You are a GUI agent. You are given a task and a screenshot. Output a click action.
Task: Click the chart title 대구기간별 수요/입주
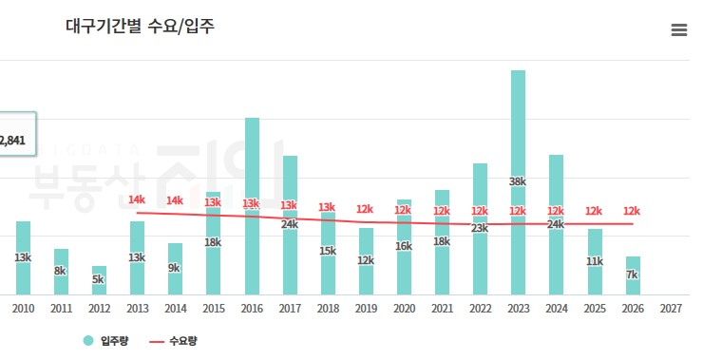point(140,27)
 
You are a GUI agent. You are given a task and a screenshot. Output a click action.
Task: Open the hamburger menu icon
point(678,29)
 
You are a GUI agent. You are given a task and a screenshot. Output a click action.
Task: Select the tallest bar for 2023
point(518,142)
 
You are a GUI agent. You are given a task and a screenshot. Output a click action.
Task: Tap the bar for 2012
point(99,280)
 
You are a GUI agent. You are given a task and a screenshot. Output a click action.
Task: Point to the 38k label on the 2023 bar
point(518,181)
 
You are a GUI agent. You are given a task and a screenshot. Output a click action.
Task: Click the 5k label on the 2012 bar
point(99,280)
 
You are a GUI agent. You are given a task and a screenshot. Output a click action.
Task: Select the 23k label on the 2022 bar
point(480,228)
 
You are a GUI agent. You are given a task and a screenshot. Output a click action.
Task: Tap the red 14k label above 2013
point(137,200)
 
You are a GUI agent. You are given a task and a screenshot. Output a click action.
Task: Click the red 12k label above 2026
point(632,211)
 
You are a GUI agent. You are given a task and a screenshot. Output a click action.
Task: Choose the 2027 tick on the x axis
point(670,309)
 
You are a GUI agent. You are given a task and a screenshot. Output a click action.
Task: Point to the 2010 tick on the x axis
point(23,309)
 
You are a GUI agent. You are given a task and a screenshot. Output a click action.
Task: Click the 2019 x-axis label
point(366,309)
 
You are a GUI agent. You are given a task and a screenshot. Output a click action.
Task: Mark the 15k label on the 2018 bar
point(328,251)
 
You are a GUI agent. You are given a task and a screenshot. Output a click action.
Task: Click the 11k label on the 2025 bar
point(594,261)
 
